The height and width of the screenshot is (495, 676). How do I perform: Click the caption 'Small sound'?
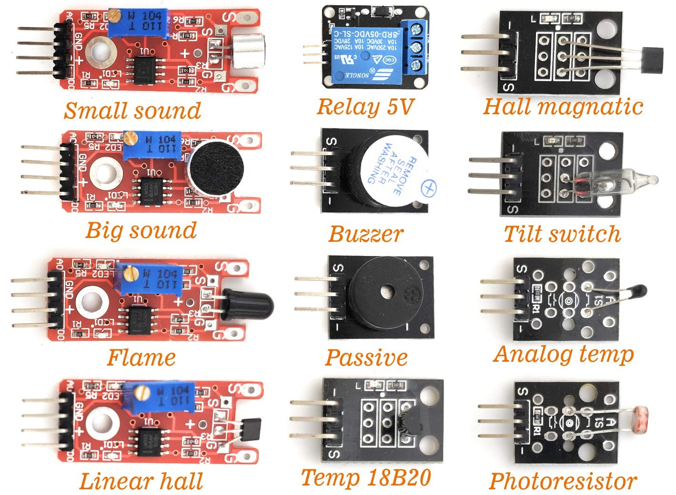[x=132, y=110]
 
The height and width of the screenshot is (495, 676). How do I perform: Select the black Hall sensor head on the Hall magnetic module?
[x=651, y=59]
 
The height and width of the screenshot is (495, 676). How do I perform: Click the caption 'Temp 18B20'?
[x=366, y=477]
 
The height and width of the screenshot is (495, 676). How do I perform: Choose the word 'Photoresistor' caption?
[x=563, y=481]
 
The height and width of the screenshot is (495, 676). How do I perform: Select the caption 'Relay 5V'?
[x=364, y=107]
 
